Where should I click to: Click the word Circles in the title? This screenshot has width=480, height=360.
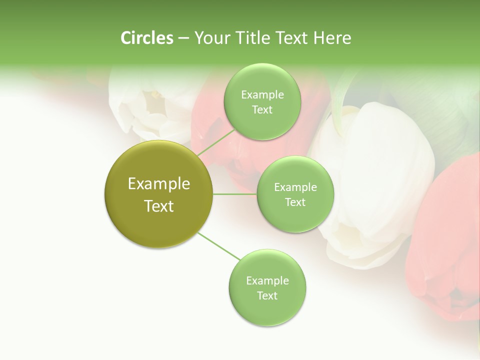pos(147,37)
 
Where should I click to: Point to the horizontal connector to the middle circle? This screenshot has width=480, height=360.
pos(235,194)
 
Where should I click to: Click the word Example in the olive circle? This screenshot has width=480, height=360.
pos(158,184)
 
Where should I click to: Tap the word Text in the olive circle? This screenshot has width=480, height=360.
pos(158,206)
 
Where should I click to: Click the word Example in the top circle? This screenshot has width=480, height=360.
pos(262,95)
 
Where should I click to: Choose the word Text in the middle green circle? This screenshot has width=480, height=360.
pos(295,202)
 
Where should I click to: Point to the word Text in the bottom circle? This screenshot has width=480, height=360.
pos(267,295)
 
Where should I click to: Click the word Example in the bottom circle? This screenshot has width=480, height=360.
pos(267,280)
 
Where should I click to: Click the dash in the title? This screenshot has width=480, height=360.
pos(183,38)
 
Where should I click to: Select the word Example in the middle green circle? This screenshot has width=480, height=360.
pos(295,187)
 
